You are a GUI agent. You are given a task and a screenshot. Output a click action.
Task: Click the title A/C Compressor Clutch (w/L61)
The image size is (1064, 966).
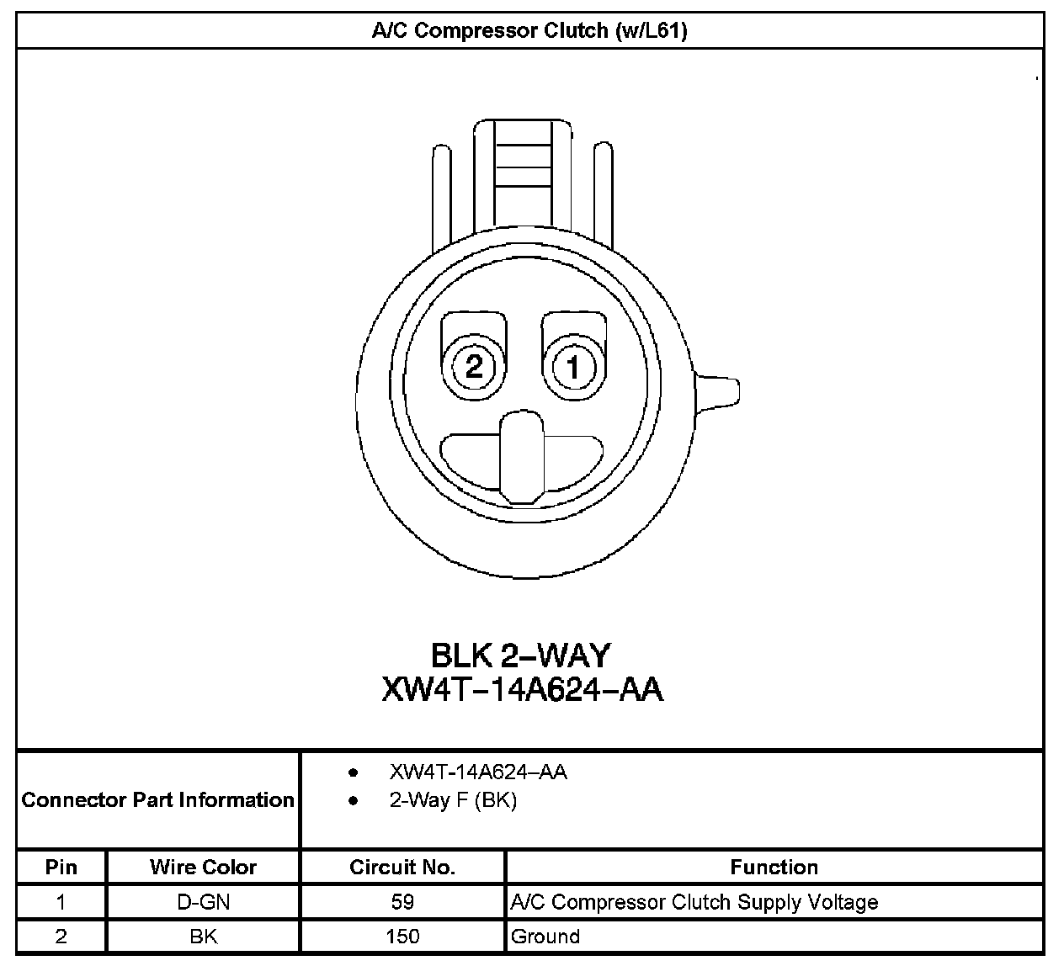click(x=529, y=31)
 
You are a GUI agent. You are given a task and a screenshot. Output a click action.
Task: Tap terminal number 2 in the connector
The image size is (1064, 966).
click(x=474, y=366)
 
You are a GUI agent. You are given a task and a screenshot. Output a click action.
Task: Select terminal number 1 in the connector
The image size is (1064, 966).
click(x=573, y=367)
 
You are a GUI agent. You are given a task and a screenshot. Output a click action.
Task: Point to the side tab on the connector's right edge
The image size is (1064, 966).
click(x=717, y=394)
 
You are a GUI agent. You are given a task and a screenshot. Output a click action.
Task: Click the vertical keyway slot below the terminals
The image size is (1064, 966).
click(x=522, y=457)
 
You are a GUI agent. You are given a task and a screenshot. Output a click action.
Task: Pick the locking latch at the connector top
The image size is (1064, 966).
click(x=523, y=175)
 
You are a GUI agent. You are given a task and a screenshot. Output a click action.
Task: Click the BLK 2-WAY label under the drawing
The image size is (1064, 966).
click(x=521, y=655)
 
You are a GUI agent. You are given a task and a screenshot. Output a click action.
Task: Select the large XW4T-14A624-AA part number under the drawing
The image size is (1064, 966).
click(x=523, y=689)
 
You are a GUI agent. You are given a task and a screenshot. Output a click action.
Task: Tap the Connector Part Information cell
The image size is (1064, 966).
click(x=157, y=799)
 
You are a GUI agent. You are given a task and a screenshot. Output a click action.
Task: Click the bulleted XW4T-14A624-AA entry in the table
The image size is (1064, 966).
click(x=478, y=772)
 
